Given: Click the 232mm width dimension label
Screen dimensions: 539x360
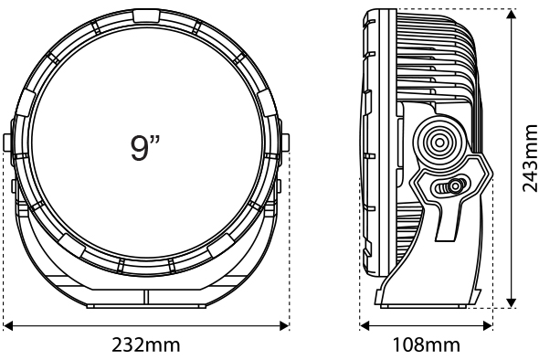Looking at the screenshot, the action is click(x=146, y=345).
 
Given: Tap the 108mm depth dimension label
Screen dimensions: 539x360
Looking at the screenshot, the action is click(x=427, y=345).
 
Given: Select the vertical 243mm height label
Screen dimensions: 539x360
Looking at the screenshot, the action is click(x=529, y=158).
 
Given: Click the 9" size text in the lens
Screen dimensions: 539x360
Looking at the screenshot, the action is click(x=145, y=148).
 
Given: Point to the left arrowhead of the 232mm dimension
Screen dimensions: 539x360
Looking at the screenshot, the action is click(x=7, y=325).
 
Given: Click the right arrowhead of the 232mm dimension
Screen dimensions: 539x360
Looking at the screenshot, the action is click(x=284, y=325).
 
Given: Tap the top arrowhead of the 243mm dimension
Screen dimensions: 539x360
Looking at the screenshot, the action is click(x=512, y=14).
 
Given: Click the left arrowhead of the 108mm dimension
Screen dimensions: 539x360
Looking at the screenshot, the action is click(x=365, y=325).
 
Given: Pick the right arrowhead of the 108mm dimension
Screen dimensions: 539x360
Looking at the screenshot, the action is click(x=488, y=325).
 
